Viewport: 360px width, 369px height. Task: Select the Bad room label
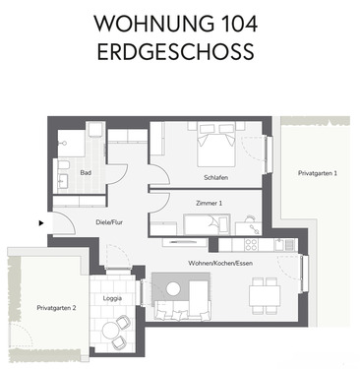[x=86, y=172]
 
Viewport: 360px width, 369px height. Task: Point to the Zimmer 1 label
[x=209, y=203]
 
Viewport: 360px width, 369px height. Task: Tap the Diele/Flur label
[x=111, y=223]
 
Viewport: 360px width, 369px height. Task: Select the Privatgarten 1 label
[x=318, y=173]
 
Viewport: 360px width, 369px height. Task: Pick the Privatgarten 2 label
[x=43, y=307]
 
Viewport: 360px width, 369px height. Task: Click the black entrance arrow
[x=40, y=222]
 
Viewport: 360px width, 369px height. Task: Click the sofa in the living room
[x=180, y=310]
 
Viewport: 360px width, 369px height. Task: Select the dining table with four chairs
[x=263, y=292]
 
